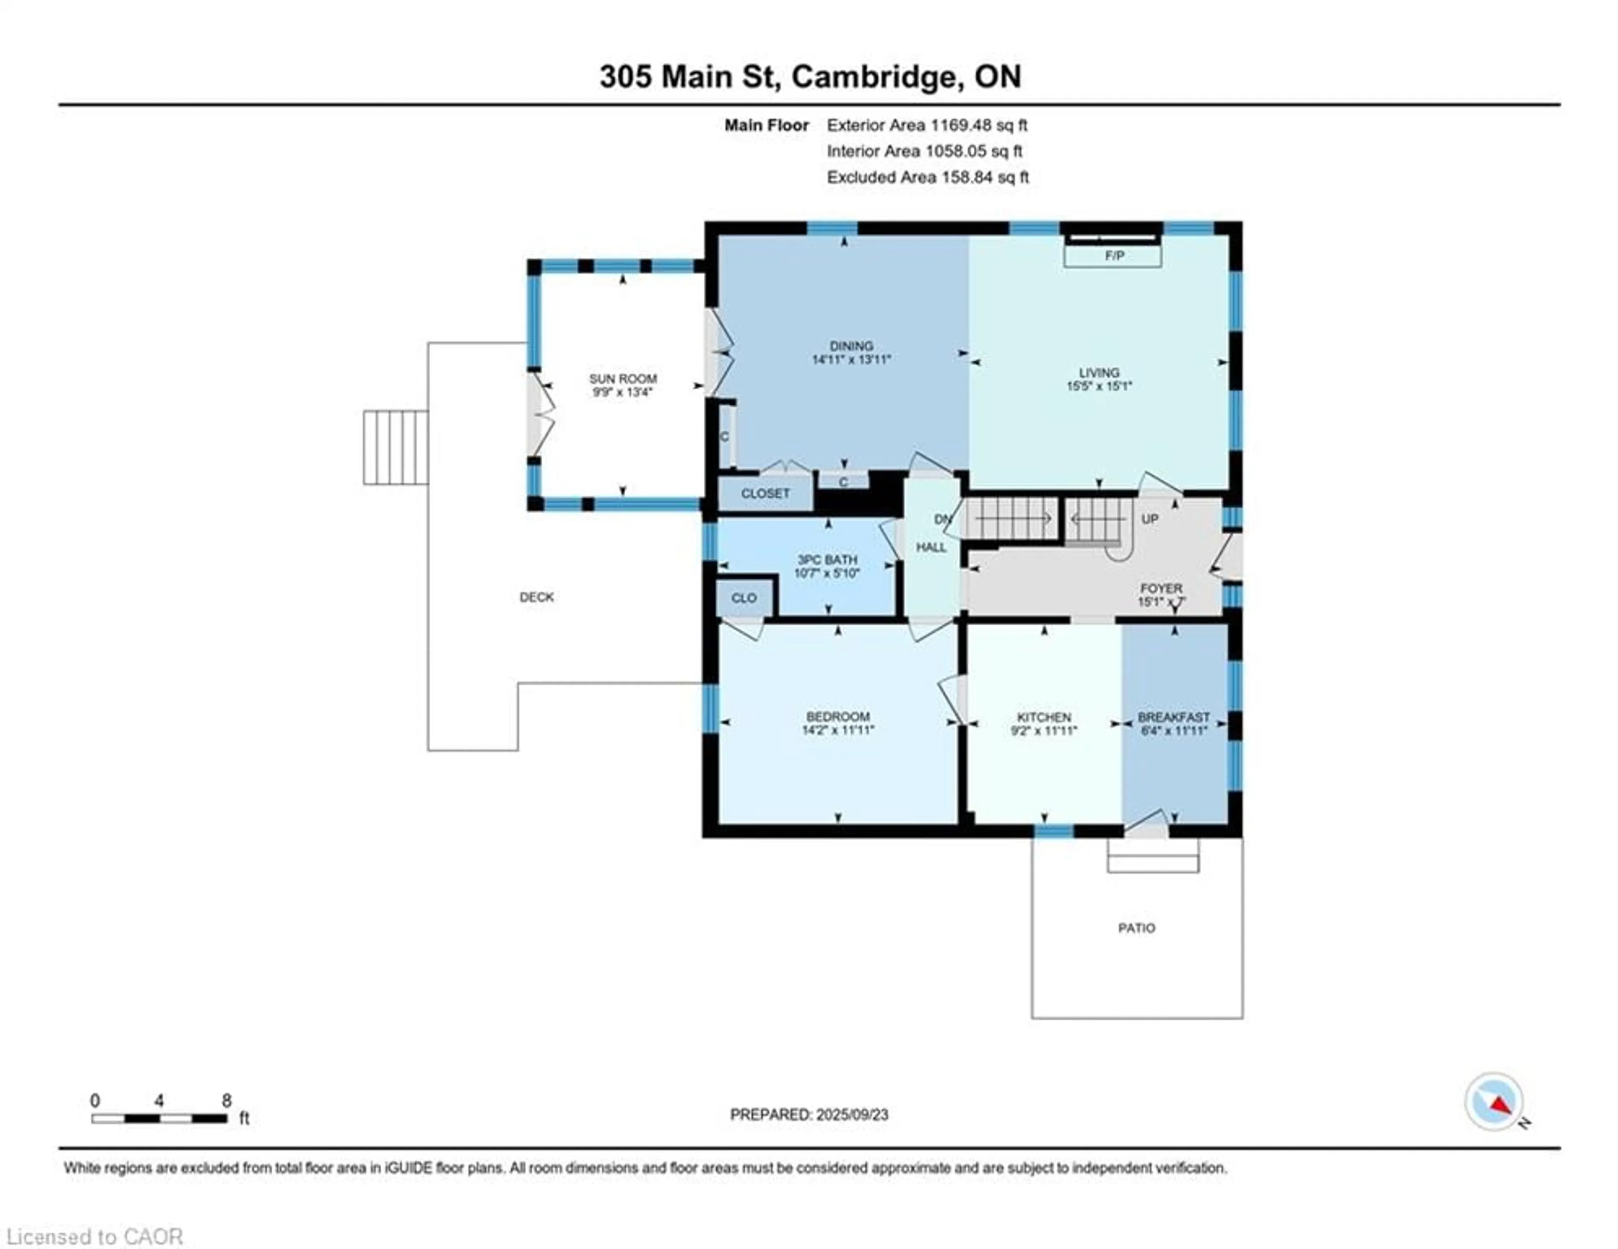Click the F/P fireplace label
click(x=1114, y=256)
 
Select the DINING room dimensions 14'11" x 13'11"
click(x=851, y=360)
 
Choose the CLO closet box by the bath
click(x=745, y=598)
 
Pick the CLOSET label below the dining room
click(x=765, y=493)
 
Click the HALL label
click(x=931, y=547)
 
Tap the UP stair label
click(x=1150, y=519)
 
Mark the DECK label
click(x=536, y=597)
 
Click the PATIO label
click(x=1136, y=928)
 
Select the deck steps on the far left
click(x=396, y=448)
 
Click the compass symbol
click(x=1494, y=1102)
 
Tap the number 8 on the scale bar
click(x=227, y=1101)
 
